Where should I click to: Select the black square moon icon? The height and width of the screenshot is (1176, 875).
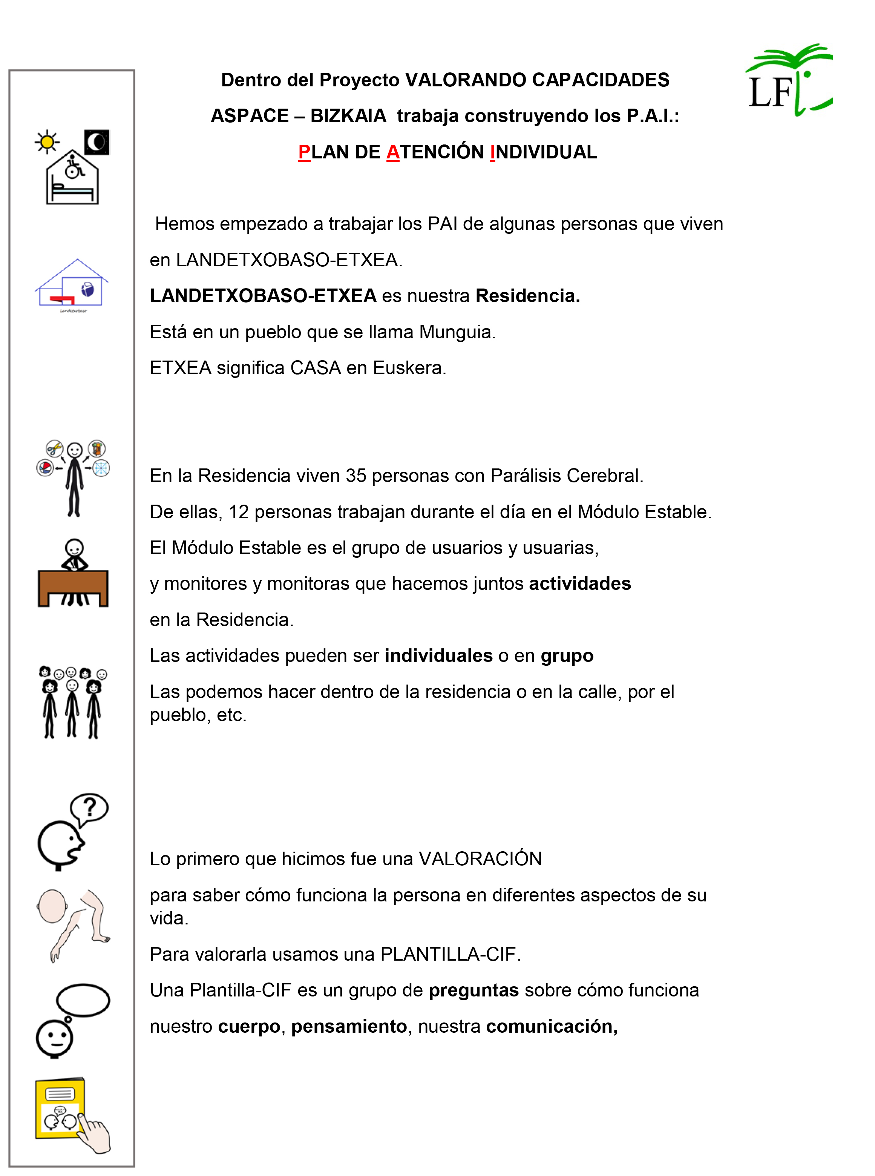[97, 142]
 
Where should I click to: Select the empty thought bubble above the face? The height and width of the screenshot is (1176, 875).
[83, 1000]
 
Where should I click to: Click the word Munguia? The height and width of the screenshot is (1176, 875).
[457, 332]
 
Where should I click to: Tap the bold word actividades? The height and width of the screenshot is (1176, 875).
[580, 583]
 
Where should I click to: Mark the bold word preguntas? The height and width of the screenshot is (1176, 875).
[474, 990]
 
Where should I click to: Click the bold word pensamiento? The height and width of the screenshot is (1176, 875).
[349, 1027]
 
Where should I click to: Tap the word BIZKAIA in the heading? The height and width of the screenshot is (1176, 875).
[348, 116]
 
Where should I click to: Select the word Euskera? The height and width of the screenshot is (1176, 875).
[409, 368]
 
